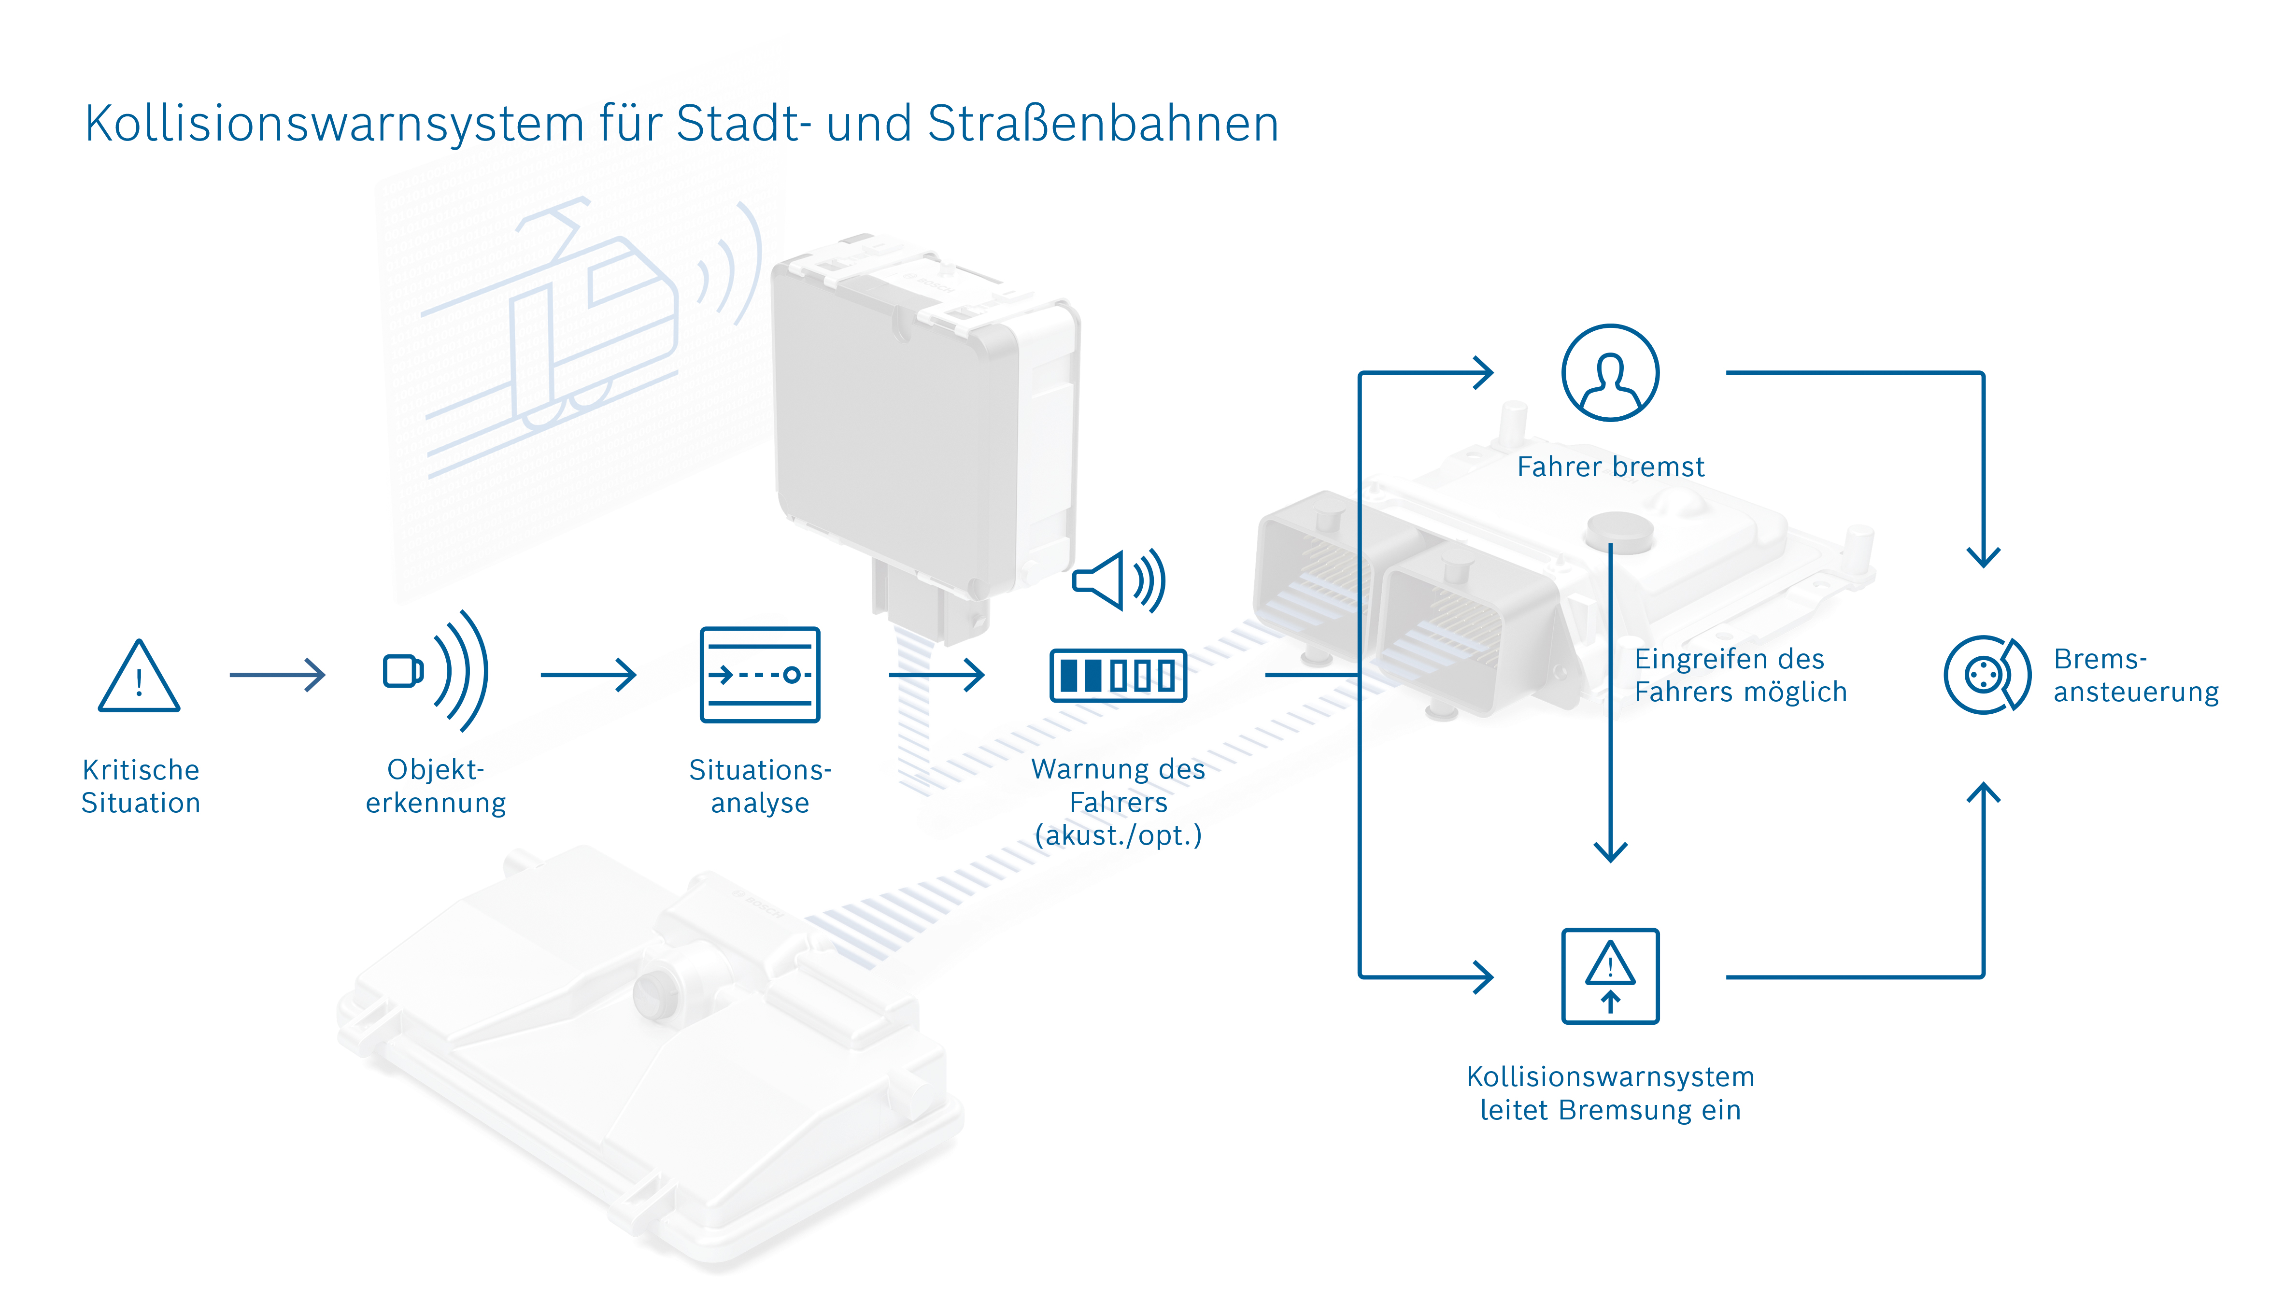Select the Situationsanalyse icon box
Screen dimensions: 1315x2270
click(759, 675)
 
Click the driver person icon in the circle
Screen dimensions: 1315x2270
click(1610, 373)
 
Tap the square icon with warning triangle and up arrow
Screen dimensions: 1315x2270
click(1610, 976)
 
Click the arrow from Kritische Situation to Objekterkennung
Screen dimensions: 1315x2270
click(277, 675)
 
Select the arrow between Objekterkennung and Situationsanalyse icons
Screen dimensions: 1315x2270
click(588, 675)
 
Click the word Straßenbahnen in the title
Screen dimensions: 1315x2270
click(1103, 124)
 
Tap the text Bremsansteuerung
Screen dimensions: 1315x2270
click(2135, 676)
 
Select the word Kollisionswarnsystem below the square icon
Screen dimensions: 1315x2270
click(1610, 1077)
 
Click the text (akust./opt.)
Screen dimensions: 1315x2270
click(1118, 836)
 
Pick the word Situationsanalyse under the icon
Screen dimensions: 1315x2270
click(759, 786)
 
